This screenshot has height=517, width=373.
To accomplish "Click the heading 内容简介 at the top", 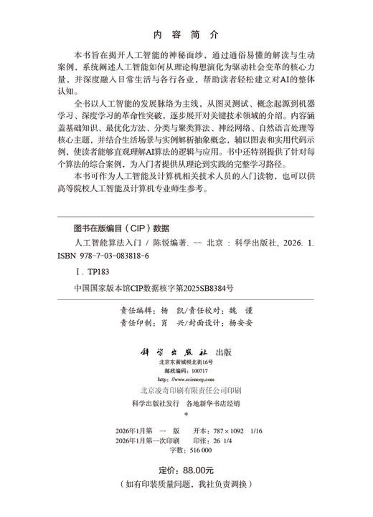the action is coord(186,34).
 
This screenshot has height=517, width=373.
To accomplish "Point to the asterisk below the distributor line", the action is coord(186,414).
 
